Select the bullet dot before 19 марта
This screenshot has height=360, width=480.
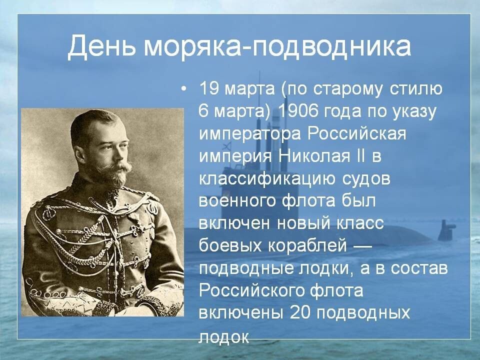183,89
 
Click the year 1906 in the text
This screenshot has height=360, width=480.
293,111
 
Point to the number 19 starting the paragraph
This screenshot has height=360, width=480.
209,89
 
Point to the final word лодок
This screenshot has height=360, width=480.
224,336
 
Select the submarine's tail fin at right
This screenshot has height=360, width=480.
446,230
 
